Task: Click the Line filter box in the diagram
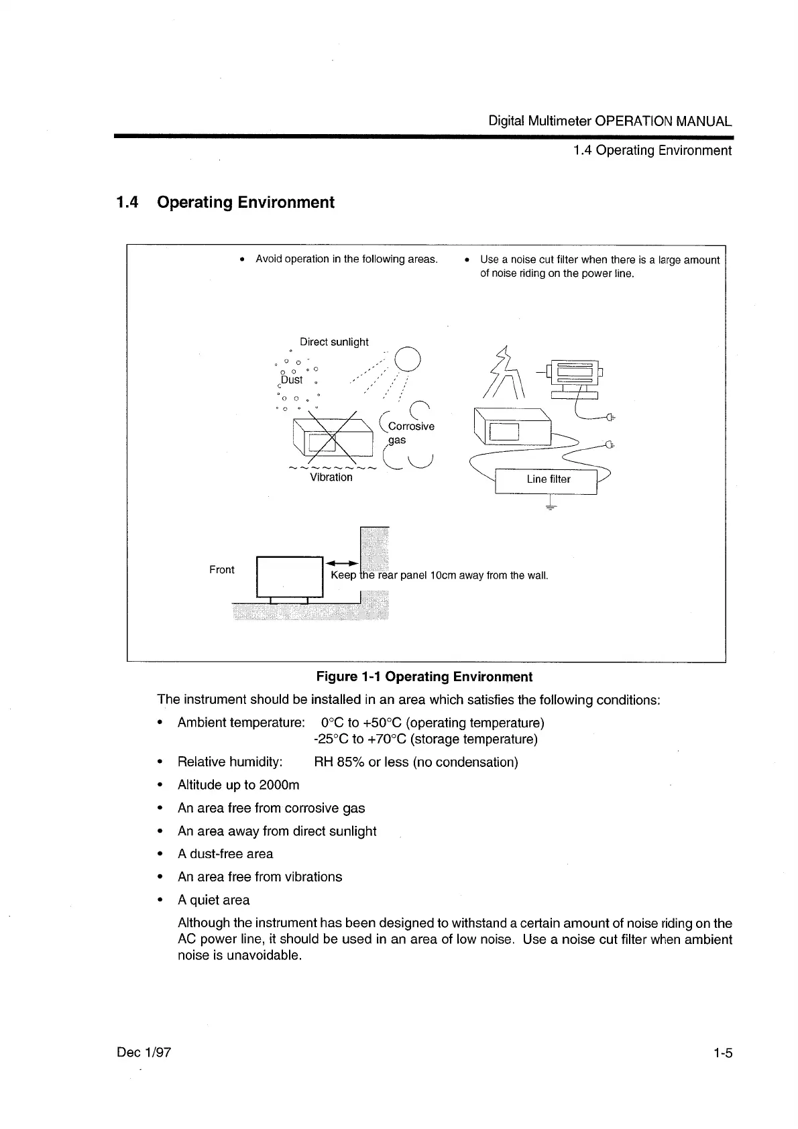(546, 480)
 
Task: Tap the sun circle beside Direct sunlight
(407, 361)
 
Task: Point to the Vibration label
(331, 477)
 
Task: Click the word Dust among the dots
(292, 379)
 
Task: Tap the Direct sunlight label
(334, 342)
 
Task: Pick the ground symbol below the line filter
(551, 505)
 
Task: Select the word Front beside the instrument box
(222, 570)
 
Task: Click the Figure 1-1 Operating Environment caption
(424, 676)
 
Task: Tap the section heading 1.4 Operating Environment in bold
(225, 202)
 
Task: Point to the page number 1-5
(723, 1053)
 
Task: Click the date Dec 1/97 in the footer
(144, 1053)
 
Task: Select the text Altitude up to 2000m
(238, 785)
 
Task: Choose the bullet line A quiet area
(213, 900)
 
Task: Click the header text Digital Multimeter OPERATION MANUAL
(610, 121)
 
